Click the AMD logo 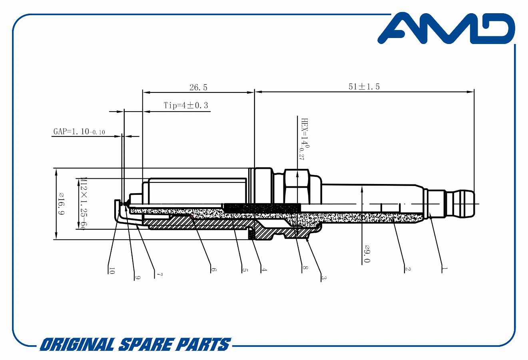446,28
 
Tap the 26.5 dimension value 198,88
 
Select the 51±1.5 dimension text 364,86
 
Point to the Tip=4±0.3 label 186,105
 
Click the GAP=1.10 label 79,132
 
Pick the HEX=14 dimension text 305,139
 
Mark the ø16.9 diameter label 61,204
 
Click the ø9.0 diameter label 367,254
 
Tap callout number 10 112,271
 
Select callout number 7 159,275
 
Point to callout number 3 324,278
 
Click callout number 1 444,268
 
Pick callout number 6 213,270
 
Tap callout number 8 305,268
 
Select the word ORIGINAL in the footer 77,345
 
